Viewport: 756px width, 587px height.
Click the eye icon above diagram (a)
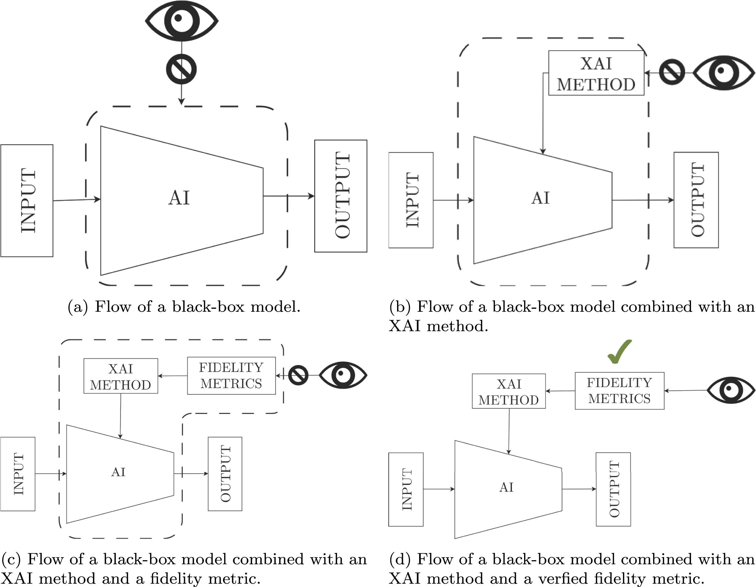(x=181, y=21)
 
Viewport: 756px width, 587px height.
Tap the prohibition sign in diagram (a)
(x=181, y=69)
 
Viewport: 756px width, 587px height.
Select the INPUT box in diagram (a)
(x=27, y=200)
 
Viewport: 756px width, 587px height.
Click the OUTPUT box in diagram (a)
(x=341, y=196)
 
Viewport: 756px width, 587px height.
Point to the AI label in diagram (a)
(x=179, y=198)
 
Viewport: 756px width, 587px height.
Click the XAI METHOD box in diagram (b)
(x=596, y=73)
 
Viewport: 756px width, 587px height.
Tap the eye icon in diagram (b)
(x=724, y=73)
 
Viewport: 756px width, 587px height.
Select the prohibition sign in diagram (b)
(x=672, y=72)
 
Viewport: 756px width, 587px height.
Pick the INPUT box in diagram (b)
(x=411, y=200)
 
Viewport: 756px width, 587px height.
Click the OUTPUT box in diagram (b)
(x=696, y=200)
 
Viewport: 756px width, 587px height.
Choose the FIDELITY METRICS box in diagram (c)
(x=231, y=376)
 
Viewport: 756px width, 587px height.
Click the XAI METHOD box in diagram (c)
(x=121, y=376)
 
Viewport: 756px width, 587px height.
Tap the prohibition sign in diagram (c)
(x=298, y=375)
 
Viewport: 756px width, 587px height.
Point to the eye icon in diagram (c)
(x=343, y=375)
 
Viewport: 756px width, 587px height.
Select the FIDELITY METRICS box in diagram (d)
(x=620, y=391)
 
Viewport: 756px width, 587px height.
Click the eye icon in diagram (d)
(x=730, y=390)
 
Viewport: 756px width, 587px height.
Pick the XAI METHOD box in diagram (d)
(x=509, y=391)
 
